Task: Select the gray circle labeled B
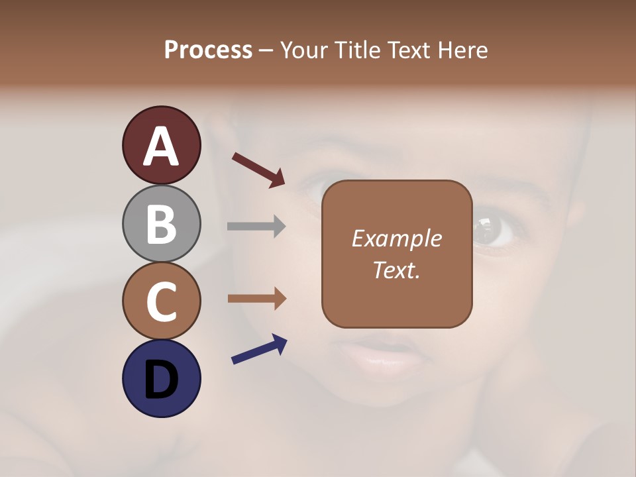point(161,223)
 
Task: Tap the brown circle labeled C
point(161,301)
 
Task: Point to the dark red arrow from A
point(258,169)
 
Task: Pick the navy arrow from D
point(259,350)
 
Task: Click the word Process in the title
point(208,50)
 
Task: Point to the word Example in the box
point(396,238)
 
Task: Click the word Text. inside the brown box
point(396,270)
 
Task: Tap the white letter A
point(161,146)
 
